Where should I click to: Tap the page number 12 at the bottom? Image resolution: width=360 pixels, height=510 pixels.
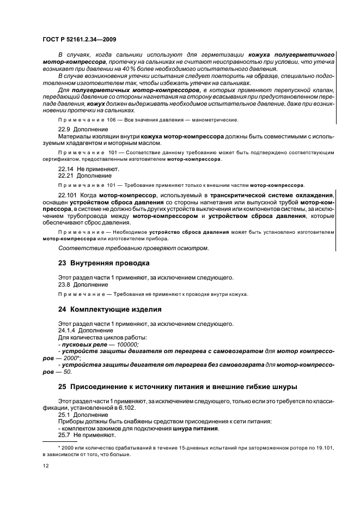[46, 466]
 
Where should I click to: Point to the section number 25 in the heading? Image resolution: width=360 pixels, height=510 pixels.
[63, 387]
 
